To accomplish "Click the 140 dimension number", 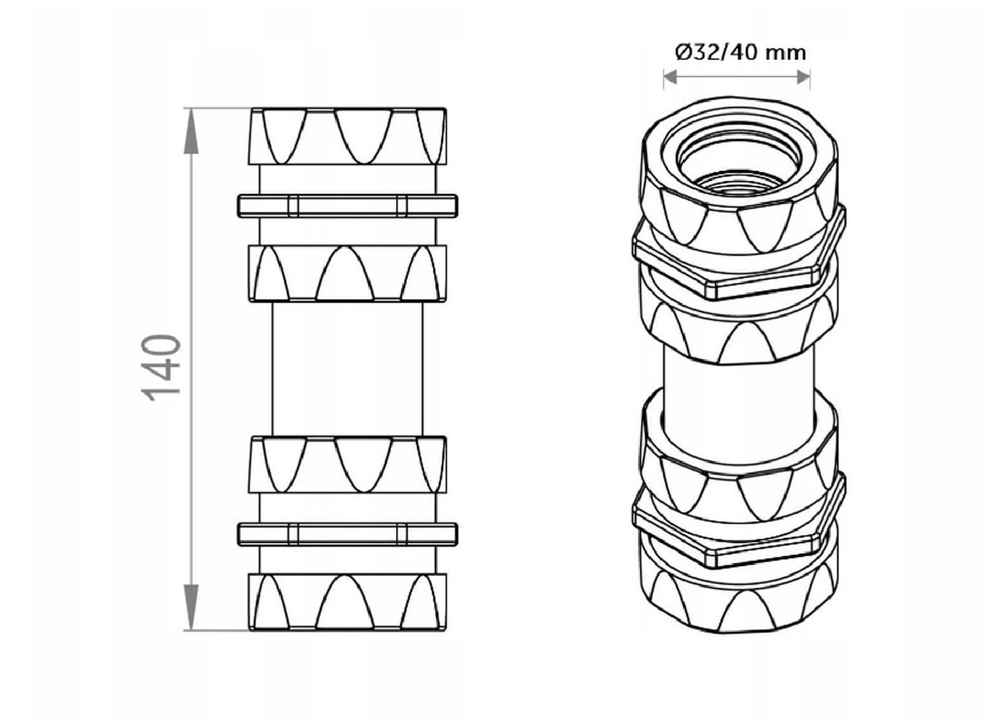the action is click(x=161, y=368).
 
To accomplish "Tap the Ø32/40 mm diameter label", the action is click(x=741, y=53).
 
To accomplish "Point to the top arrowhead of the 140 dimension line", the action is click(x=190, y=131).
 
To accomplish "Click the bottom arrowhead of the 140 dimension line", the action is click(x=190, y=607).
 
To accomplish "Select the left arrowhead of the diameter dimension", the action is click(x=670, y=78).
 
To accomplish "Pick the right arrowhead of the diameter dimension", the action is click(x=803, y=78).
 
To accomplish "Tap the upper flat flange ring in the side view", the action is click(x=348, y=206).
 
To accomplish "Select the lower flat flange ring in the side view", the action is click(x=348, y=534).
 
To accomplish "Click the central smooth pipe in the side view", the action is click(x=348, y=369).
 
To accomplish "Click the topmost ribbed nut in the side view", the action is click(x=348, y=136).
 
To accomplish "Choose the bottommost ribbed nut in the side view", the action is click(x=348, y=602).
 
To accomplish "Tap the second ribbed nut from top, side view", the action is click(x=348, y=274).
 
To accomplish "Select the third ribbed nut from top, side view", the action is click(x=348, y=465).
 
